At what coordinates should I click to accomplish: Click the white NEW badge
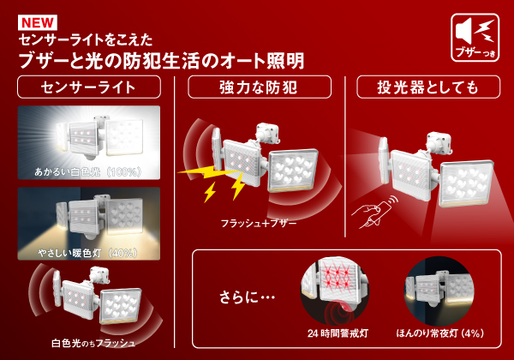coord(38,22)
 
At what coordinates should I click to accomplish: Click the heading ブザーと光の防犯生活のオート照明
coord(161,61)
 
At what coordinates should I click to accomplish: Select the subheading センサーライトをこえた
coord(86,40)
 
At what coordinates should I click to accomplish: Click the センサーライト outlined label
coord(89,87)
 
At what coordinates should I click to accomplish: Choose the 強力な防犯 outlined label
coord(260,87)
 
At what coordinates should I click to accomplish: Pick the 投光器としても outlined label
coord(428,87)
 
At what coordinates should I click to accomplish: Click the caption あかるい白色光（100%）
coord(88,171)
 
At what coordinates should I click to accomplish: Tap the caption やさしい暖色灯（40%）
coord(87,253)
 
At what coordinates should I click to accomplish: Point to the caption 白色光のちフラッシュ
coord(93,343)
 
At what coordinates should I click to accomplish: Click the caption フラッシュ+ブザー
coord(259,223)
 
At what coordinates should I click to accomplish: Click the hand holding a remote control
coord(374,211)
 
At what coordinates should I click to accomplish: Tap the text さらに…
coord(248,297)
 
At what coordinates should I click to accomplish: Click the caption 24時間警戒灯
coord(338,333)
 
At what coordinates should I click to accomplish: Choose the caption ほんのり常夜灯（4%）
coord(440,333)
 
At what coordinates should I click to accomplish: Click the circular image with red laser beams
coord(335,291)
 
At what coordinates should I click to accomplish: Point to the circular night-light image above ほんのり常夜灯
coord(439,291)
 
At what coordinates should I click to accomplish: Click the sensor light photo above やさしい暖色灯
coord(89,224)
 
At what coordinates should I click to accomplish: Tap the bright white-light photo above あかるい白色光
coord(89,142)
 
